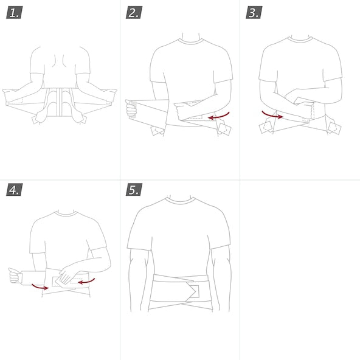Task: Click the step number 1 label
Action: point(14,12)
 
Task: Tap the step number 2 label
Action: point(134,12)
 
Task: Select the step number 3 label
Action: point(254,12)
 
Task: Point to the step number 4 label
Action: point(14,189)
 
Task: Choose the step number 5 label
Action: point(134,189)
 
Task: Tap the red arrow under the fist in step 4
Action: point(40,287)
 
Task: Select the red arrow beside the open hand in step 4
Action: point(86,281)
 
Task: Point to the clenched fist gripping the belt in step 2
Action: point(131,109)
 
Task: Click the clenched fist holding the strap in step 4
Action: point(14,275)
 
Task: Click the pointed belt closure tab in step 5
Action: point(191,291)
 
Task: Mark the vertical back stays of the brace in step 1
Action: point(60,102)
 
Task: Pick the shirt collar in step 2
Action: point(190,41)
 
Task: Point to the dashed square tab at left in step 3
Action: point(266,127)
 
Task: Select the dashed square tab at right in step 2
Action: point(224,128)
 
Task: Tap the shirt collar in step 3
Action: point(300,40)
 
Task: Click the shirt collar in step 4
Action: point(66,214)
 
